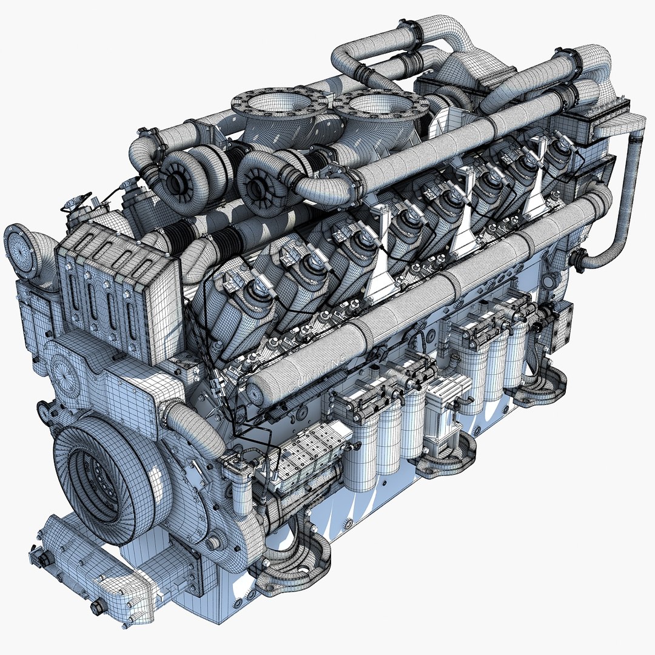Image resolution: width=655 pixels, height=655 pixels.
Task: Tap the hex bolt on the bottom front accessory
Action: (97, 607)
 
